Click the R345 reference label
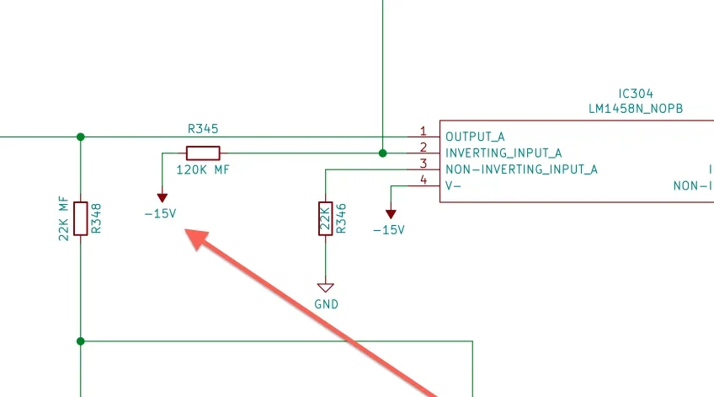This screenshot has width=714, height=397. click(203, 129)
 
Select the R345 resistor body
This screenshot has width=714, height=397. click(203, 153)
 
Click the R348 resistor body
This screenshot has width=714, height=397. click(81, 218)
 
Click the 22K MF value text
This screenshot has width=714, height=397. click(63, 218)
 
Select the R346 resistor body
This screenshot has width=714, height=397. click(325, 218)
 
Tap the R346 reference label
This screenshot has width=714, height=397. click(340, 218)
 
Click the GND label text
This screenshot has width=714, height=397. click(325, 304)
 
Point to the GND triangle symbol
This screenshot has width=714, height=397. click(325, 287)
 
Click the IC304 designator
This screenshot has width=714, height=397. click(635, 94)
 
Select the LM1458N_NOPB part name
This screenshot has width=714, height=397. click(635, 109)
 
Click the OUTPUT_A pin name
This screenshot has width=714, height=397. click(475, 137)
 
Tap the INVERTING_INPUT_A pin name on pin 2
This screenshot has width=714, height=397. click(504, 153)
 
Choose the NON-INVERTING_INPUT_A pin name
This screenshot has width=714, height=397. click(521, 169)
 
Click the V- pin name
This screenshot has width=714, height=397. click(453, 185)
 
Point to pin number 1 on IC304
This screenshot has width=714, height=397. click(424, 131)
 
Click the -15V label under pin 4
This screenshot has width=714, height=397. click(389, 230)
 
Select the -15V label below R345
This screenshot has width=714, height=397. click(160, 213)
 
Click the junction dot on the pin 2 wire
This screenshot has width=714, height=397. click(383, 153)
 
